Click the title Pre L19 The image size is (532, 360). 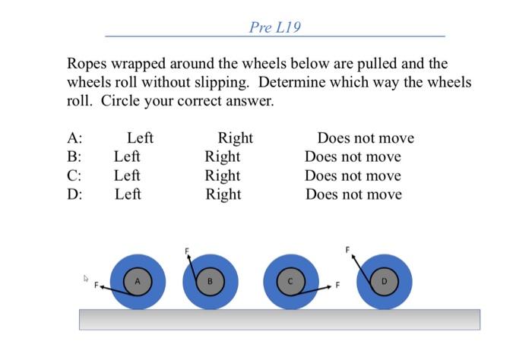click(274, 28)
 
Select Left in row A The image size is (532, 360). click(140, 138)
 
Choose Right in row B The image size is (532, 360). click(222, 157)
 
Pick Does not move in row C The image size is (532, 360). click(353, 175)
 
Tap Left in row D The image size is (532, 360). click(128, 194)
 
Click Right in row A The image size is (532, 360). click(235, 138)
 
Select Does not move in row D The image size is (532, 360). click(353, 194)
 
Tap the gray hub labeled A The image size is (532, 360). click(138, 281)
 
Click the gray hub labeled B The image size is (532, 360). click(211, 282)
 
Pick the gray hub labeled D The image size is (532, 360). click(384, 282)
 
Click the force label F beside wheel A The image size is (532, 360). click(97, 287)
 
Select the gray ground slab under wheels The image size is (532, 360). click(280, 319)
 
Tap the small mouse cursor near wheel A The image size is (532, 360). click(87, 279)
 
